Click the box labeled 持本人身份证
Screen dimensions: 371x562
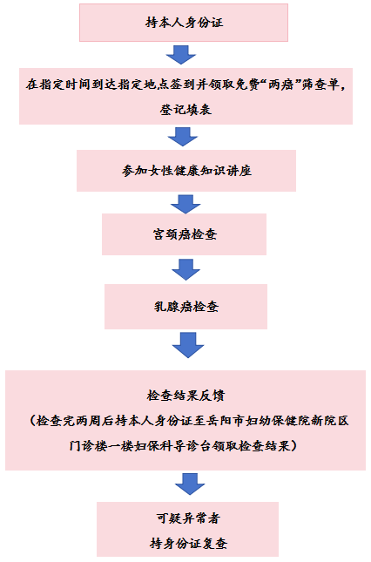tap(184, 23)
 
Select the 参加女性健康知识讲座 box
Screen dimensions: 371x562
tap(186, 171)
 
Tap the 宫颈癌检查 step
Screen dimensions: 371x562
tap(184, 234)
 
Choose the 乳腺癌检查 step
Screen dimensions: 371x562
tap(185, 307)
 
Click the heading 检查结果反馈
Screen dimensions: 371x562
tap(185, 396)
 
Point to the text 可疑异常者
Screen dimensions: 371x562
tap(187, 518)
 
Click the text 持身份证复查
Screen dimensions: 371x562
tap(188, 544)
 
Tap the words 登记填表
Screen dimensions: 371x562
tap(185, 109)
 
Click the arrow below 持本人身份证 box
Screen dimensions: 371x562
tap(181, 55)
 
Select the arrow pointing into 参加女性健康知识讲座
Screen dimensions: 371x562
tap(183, 137)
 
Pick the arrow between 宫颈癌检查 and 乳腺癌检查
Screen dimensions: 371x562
tap(185, 269)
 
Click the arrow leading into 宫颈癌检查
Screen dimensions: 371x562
tap(185, 204)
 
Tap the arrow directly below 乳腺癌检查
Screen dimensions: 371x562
tap(188, 345)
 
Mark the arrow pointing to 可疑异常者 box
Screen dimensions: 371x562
tap(190, 484)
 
